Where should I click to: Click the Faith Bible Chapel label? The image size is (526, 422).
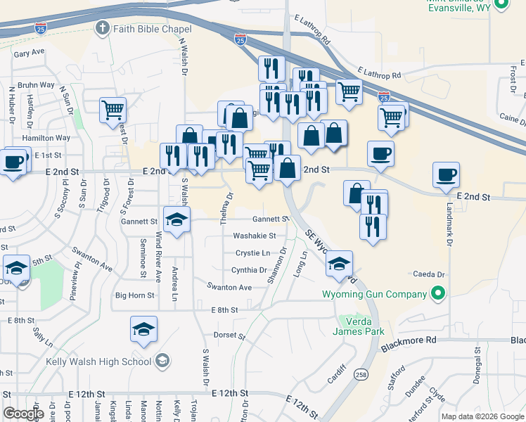tap(151, 29)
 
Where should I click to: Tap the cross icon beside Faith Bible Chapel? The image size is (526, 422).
tap(102, 29)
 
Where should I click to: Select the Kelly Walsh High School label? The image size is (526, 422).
tap(98, 362)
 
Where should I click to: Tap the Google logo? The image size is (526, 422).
tap(23, 414)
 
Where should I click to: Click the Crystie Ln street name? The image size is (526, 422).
tap(253, 252)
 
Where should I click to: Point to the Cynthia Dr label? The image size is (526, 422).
tap(249, 270)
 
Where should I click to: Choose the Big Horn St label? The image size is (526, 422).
tap(134, 295)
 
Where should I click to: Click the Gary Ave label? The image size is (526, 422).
tap(29, 53)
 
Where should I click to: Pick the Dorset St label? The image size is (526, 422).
tap(228, 335)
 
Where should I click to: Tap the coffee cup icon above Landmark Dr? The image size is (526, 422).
tap(445, 174)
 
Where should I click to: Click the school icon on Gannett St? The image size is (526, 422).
tap(177, 218)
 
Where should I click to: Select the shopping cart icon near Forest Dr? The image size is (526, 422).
tap(113, 110)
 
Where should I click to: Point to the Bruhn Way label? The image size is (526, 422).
tap(37, 85)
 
